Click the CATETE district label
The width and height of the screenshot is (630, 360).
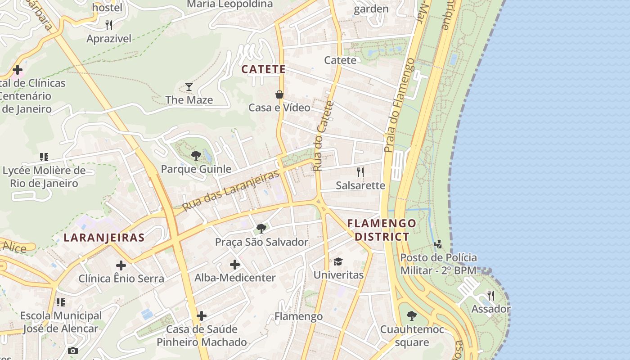pyautogui.click(x=263, y=69)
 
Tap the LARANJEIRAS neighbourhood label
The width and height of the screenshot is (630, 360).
pyautogui.click(x=104, y=238)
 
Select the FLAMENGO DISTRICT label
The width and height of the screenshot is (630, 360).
pyautogui.click(x=382, y=230)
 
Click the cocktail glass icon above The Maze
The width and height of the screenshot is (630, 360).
pyautogui.click(x=189, y=87)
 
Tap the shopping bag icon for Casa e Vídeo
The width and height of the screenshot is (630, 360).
pyautogui.click(x=279, y=94)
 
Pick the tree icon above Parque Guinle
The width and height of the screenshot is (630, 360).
pyautogui.click(x=196, y=156)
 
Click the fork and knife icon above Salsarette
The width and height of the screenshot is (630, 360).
pyautogui.click(x=360, y=172)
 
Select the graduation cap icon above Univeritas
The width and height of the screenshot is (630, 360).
pyautogui.click(x=338, y=261)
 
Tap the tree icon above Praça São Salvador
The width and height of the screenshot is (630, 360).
pyautogui.click(x=261, y=229)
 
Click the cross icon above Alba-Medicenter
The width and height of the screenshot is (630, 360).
pyautogui.click(x=235, y=265)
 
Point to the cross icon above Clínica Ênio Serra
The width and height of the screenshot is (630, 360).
pyautogui.click(x=121, y=265)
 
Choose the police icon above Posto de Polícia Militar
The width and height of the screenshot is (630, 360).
pyautogui.click(x=438, y=244)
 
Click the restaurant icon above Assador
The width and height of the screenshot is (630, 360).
pyautogui.click(x=491, y=296)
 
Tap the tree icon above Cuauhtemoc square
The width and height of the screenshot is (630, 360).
pyautogui.click(x=411, y=316)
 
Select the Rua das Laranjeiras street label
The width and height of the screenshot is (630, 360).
pyautogui.click(x=232, y=191)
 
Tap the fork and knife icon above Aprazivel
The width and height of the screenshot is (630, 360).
pyautogui.click(x=108, y=25)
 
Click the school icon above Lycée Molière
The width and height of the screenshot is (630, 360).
pyautogui.click(x=44, y=157)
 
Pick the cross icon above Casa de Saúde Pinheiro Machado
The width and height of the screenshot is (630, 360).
pyautogui.click(x=202, y=316)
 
